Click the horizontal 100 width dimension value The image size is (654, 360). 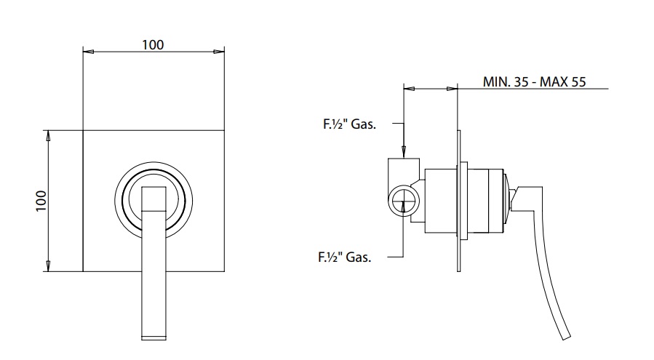point(153,44)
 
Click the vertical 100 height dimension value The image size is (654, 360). point(41,201)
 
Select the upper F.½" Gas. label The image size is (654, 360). point(349,124)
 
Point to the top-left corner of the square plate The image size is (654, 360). point(83,131)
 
